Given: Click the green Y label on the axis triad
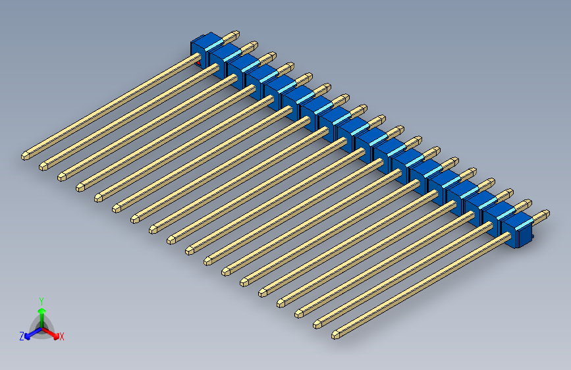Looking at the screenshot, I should pyautogui.click(x=41, y=300).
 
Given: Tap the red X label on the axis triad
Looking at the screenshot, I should pyautogui.click(x=62, y=337).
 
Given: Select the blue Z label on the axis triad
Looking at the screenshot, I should pyautogui.click(x=22, y=336).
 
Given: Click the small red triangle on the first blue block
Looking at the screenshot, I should pyautogui.click(x=199, y=63).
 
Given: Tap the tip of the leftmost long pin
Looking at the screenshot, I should pyautogui.click(x=25, y=156).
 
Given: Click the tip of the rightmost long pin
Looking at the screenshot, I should pyautogui.click(x=336, y=335).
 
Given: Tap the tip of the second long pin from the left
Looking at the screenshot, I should pyautogui.click(x=43, y=165).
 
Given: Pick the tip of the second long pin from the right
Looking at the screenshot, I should pyautogui.click(x=318, y=324).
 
